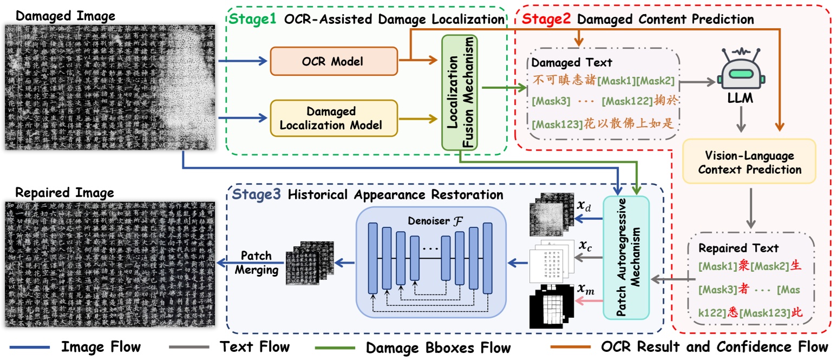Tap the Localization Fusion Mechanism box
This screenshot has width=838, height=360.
click(x=459, y=92)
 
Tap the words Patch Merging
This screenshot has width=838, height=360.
click(x=256, y=263)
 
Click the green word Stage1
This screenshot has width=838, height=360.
click(x=253, y=19)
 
